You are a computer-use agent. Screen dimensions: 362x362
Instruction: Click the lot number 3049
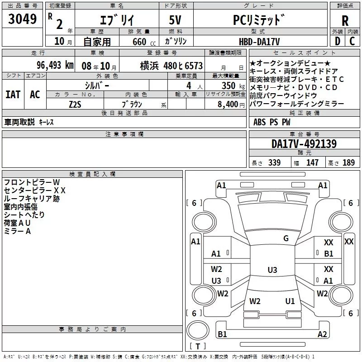(x=23, y=19)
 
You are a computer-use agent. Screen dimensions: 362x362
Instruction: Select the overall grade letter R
(x=345, y=20)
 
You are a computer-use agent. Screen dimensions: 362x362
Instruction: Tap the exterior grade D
(x=337, y=41)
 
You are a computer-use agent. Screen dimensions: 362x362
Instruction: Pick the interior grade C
(x=352, y=41)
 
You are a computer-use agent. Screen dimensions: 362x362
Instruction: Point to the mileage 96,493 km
(x=55, y=65)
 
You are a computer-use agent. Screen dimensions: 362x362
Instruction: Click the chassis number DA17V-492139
(x=304, y=144)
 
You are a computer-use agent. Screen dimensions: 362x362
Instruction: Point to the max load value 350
(x=229, y=85)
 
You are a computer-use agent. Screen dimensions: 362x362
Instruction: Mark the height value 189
(x=348, y=163)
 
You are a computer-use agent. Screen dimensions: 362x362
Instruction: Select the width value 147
(x=312, y=163)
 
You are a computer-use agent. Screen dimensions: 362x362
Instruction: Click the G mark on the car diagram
(x=286, y=238)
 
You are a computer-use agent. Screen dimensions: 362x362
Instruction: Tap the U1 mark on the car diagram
(x=290, y=301)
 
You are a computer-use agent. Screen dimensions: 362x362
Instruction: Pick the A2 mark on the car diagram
(x=322, y=334)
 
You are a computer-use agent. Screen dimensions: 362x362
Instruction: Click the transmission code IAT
(x=13, y=94)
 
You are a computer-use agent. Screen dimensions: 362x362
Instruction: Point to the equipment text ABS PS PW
(x=271, y=122)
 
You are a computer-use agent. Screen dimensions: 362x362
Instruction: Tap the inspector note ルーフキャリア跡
(x=31, y=198)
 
